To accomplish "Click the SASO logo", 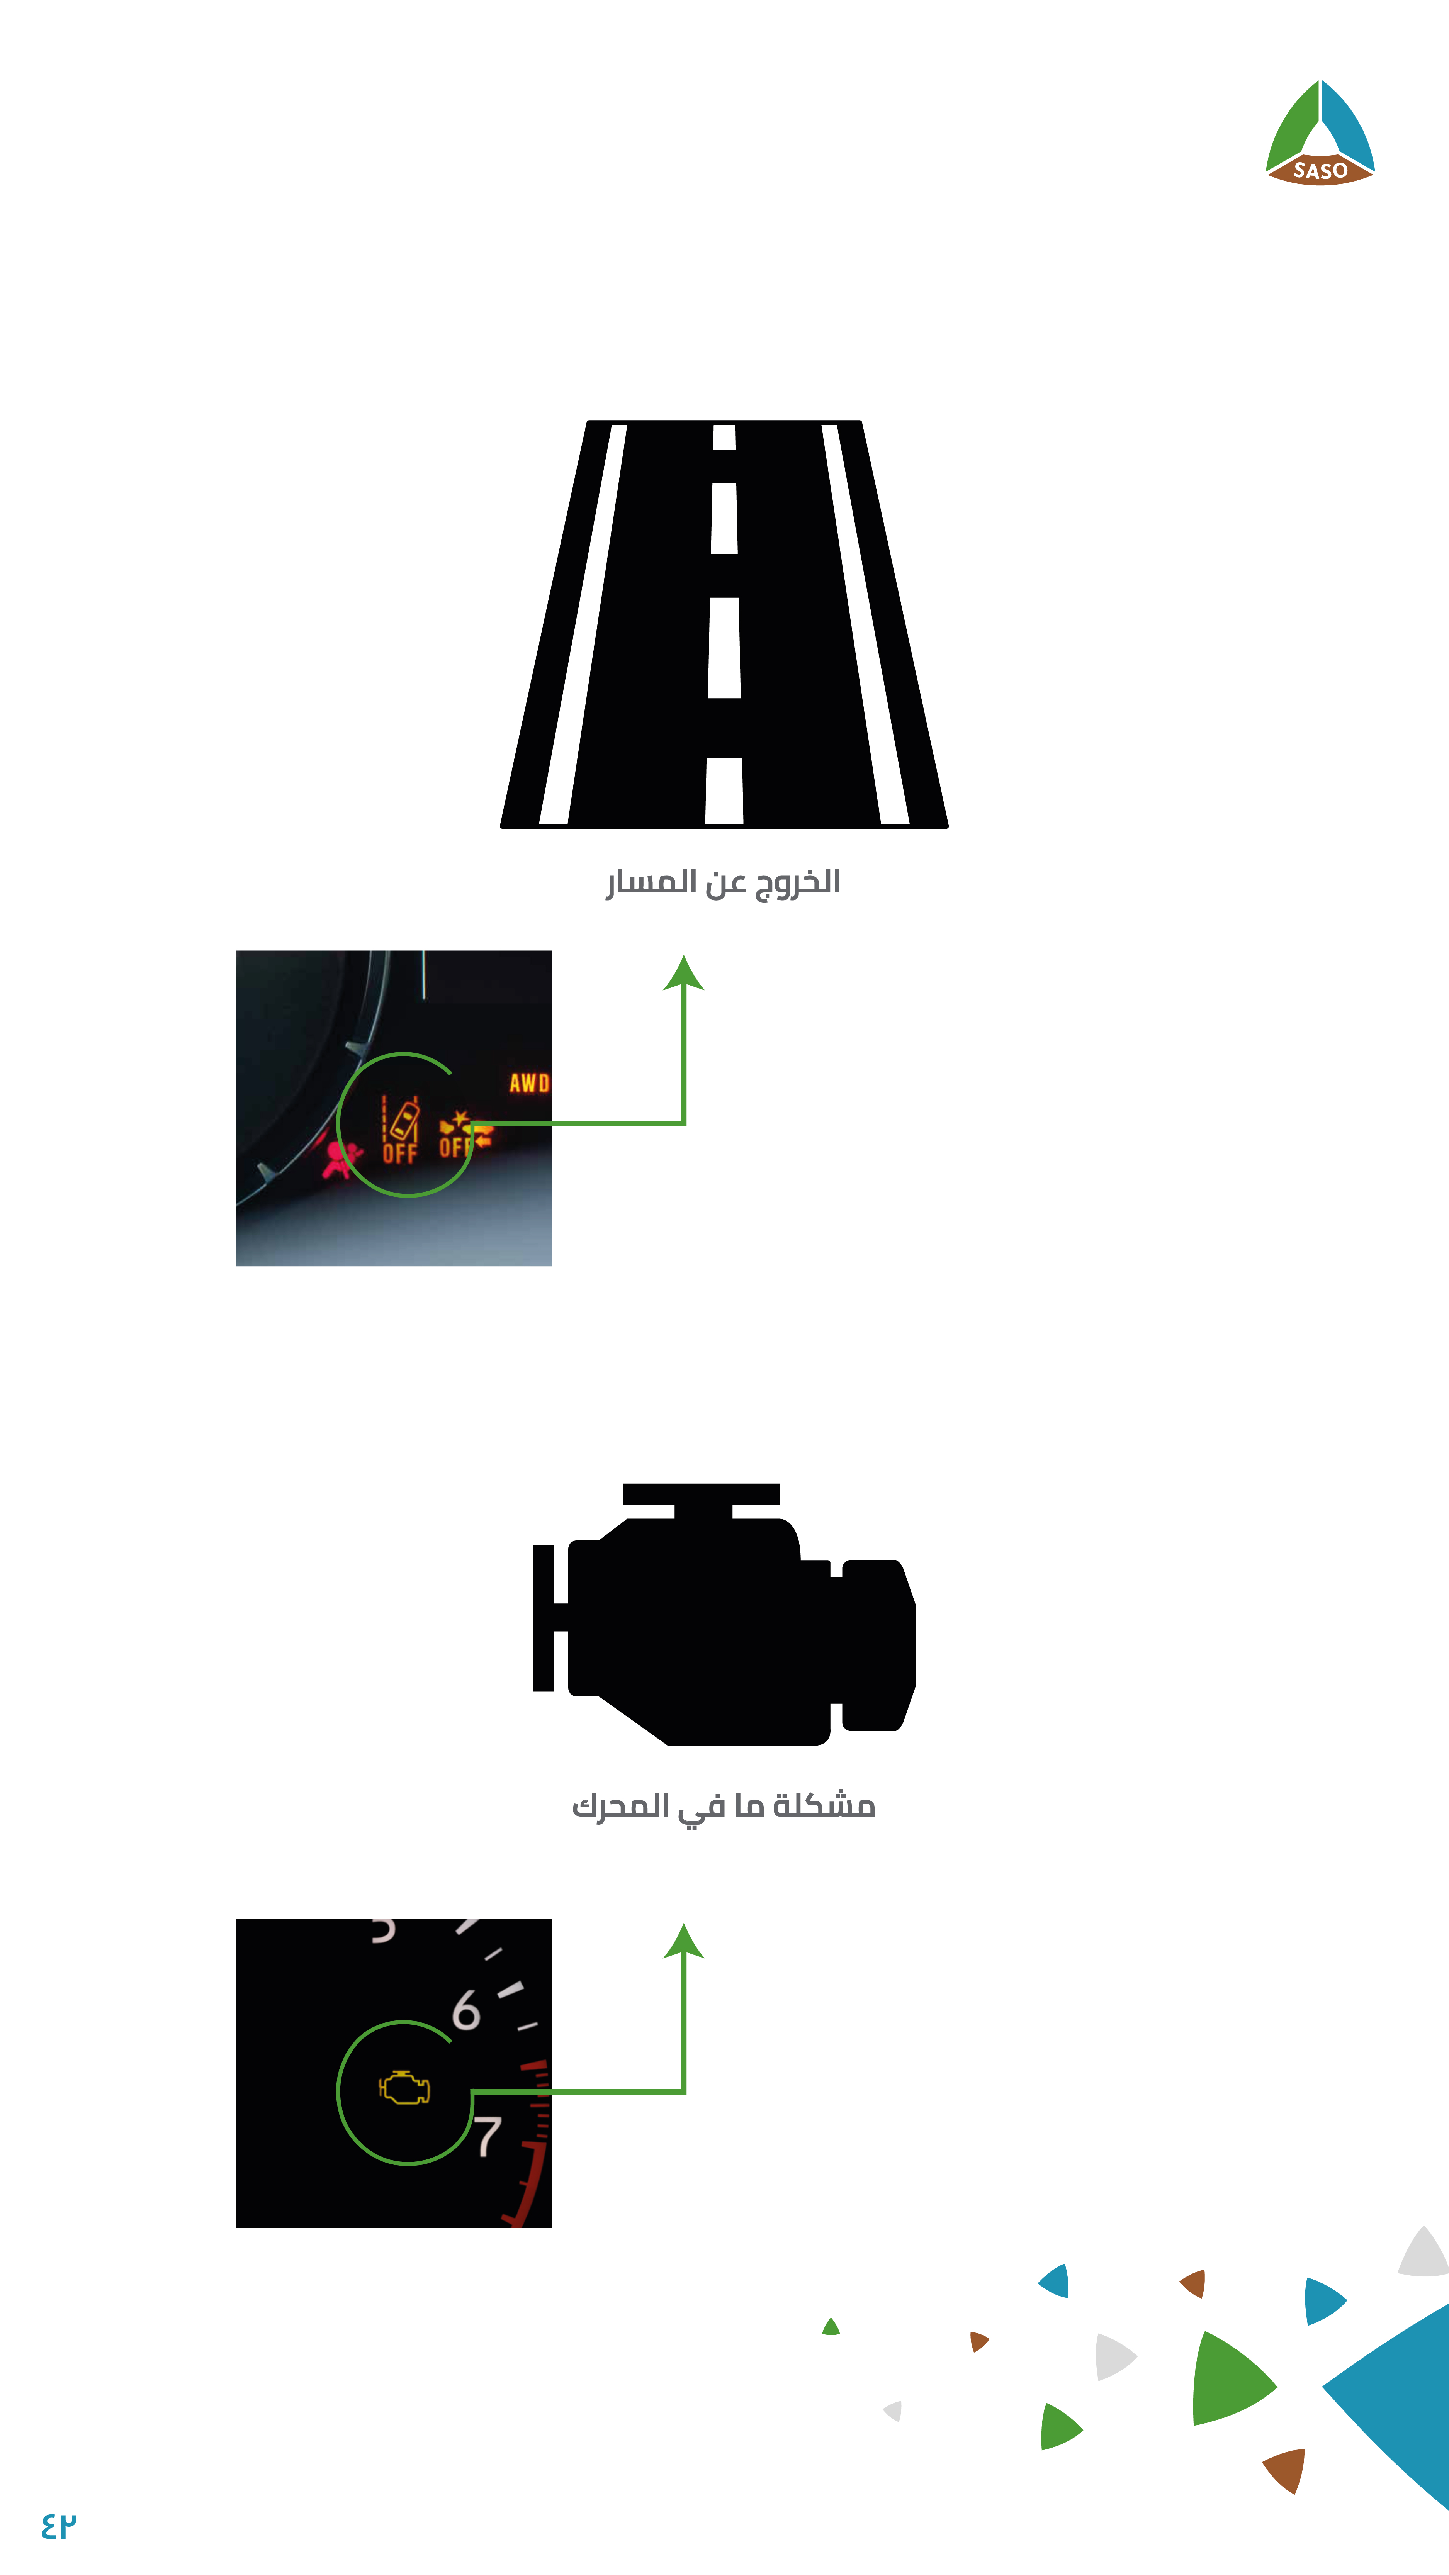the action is pos(1320,133).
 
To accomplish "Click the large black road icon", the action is pos(724,624).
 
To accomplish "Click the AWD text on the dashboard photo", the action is pos(529,1082).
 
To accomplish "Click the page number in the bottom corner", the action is pos(59,2525).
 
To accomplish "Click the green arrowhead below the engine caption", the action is pos(684,1941).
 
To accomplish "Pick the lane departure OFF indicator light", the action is pos(400,1130).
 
